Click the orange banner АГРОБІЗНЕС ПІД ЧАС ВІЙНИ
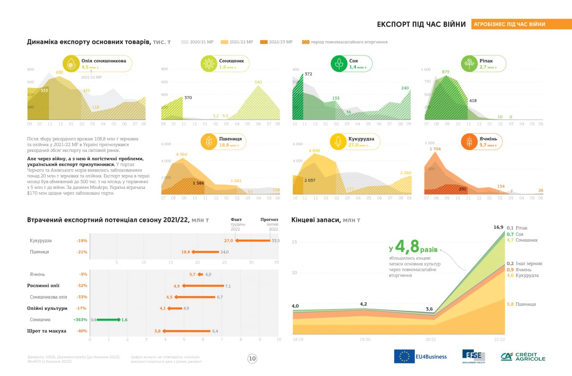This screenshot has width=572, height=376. pyautogui.click(x=521, y=24)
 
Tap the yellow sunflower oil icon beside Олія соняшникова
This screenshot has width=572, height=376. pyautogui.click(x=71, y=64)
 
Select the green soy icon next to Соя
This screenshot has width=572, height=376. pyautogui.click(x=339, y=63)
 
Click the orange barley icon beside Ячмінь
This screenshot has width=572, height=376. pyautogui.click(x=469, y=142)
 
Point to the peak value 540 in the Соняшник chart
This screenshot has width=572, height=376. pyautogui.click(x=258, y=82)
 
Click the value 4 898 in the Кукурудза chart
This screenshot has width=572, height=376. pyautogui.click(x=315, y=150)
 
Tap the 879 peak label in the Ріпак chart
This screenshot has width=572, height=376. pyautogui.click(x=446, y=71)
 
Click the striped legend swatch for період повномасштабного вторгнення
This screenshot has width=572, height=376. pyautogui.click(x=306, y=42)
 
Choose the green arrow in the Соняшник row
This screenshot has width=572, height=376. pyautogui.click(x=108, y=320)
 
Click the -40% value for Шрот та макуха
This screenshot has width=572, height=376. pyautogui.click(x=81, y=331)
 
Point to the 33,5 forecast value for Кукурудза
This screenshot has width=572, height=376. pyautogui.click(x=276, y=241)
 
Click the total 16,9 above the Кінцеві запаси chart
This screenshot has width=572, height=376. pyautogui.click(x=498, y=227)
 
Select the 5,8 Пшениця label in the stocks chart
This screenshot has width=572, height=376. pyautogui.click(x=510, y=304)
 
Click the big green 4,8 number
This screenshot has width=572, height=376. pyautogui.click(x=407, y=246)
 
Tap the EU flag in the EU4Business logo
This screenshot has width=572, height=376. pyautogui.click(x=404, y=356)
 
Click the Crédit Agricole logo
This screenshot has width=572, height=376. pyautogui.click(x=523, y=356)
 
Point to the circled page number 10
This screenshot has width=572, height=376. pyautogui.click(x=252, y=358)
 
